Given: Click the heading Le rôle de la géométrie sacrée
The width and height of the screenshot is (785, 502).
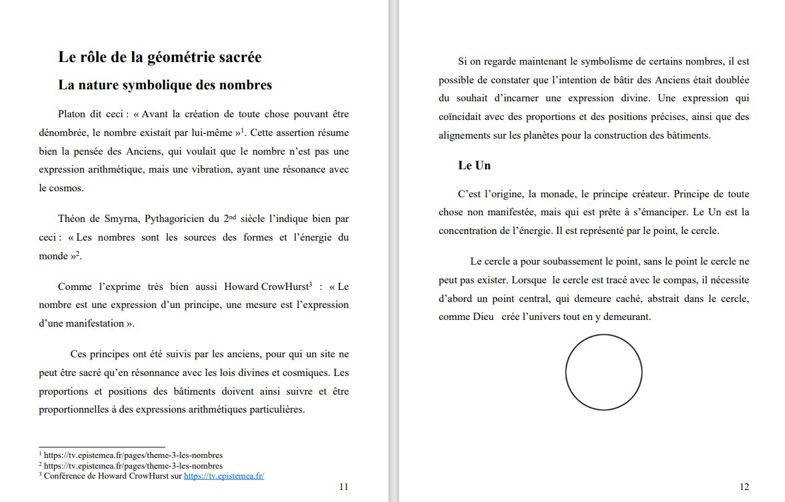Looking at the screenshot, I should pos(160,57).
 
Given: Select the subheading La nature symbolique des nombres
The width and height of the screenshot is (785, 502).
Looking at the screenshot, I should pos(165,85).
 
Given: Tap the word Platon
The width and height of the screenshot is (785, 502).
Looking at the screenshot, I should pos(71,114).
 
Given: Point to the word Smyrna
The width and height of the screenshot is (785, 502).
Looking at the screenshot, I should pos(122,219).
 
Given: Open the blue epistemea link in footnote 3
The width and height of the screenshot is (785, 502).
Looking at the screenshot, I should pos(224,476).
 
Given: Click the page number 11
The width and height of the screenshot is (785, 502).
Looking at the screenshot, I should pos(343,487).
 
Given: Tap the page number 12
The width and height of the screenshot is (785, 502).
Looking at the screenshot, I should pos(744,487).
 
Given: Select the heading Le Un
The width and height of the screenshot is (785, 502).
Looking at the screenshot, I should pos(474,165).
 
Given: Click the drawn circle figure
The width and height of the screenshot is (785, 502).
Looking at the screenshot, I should pos(603,372).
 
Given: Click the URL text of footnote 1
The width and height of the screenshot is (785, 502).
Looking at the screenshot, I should pos(133,455).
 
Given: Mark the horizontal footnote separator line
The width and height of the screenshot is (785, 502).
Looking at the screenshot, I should pos(101,447).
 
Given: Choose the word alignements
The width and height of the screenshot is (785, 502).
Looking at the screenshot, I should pos(466,135).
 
